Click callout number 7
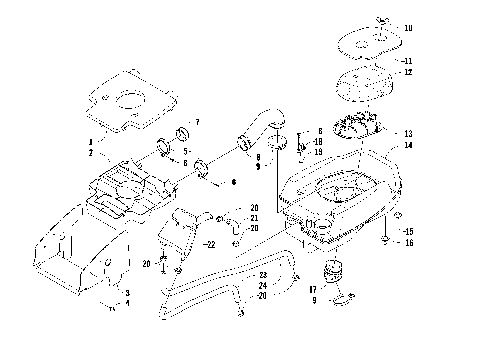pos(196,122)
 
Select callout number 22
pos(209,243)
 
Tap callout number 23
pos(263,275)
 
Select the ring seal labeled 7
pos(183,134)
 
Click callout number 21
pos(254,218)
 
